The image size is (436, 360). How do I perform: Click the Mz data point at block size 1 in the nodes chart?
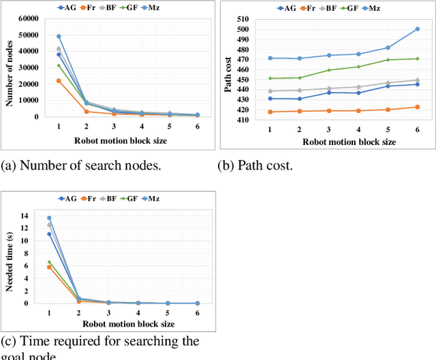(x=59, y=36)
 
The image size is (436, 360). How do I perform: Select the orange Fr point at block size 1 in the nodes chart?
(x=59, y=80)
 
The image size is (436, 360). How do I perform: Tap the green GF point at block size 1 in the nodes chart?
(x=59, y=65)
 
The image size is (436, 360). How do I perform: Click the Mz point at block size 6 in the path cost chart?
(x=417, y=29)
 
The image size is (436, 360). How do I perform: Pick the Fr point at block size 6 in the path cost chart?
(x=417, y=107)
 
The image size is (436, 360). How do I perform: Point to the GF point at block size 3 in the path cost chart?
(x=329, y=70)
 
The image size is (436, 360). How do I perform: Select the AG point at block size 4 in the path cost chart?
(x=358, y=93)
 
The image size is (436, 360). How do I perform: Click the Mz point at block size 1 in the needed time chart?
(x=49, y=218)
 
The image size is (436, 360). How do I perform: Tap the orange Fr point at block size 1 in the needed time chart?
(x=49, y=267)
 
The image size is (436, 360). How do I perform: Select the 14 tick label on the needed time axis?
(x=25, y=216)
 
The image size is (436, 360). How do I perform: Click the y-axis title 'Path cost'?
(x=227, y=69)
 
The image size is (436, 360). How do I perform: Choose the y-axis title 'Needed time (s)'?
(x=10, y=260)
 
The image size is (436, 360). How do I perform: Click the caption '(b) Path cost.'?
(x=254, y=165)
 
